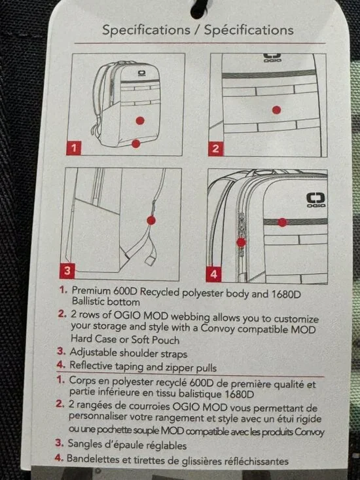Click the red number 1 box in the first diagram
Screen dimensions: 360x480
(x=74, y=148)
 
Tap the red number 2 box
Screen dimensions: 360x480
(x=215, y=149)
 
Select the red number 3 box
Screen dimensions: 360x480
(x=67, y=270)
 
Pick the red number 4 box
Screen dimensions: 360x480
(x=213, y=274)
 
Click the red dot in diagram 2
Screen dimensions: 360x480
(x=276, y=110)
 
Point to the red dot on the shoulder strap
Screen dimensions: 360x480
(x=151, y=220)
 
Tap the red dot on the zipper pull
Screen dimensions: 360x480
(x=242, y=242)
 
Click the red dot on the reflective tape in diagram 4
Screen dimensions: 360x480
(x=282, y=222)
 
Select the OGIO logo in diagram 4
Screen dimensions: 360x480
(x=316, y=200)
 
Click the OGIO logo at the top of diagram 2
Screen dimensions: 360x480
(x=272, y=58)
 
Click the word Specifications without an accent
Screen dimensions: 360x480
(x=146, y=29)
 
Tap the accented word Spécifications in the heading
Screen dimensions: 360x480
(x=249, y=30)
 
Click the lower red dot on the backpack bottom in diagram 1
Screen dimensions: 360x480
(x=135, y=143)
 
